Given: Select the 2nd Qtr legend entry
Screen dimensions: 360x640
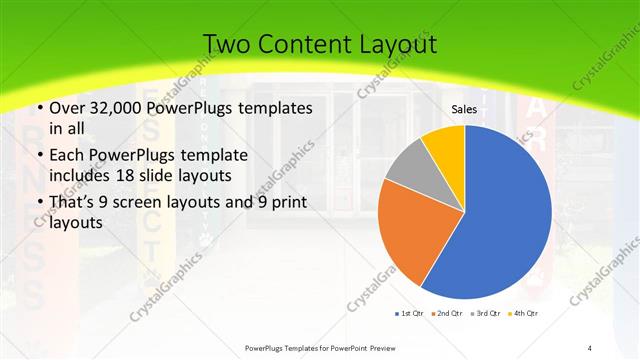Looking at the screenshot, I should pyautogui.click(x=447, y=314).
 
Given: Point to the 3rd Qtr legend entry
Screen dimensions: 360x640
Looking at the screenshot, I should pyautogui.click(x=486, y=314).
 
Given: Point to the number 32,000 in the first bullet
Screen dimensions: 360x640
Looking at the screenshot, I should pyautogui.click(x=118, y=107).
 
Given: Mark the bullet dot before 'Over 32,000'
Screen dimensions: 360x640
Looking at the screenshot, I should pyautogui.click(x=38, y=107).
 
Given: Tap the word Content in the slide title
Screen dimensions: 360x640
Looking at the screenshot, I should pyautogui.click(x=305, y=44).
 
